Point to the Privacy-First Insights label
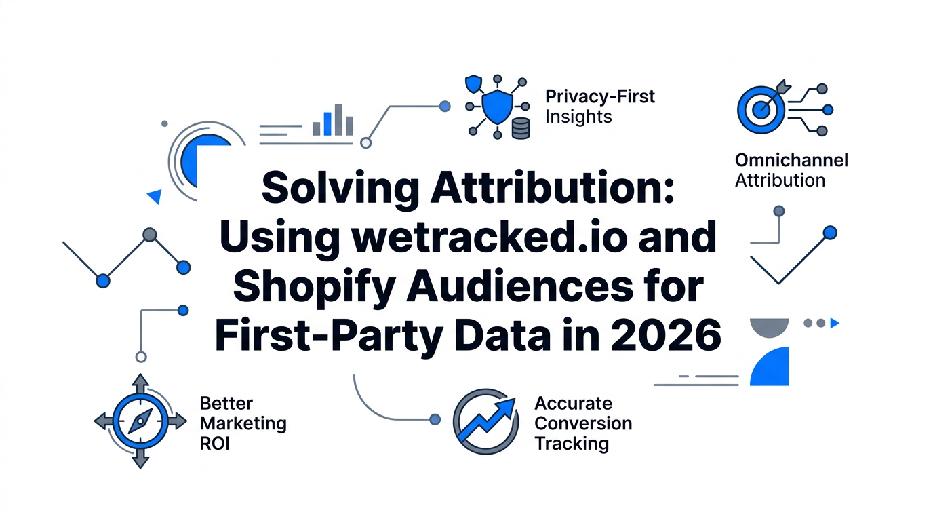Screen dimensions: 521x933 (x=599, y=107)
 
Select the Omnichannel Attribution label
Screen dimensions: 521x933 (x=791, y=170)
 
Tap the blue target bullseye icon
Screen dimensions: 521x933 (x=761, y=109)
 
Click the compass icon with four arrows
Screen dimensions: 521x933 (x=140, y=421)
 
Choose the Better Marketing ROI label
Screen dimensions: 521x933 (x=243, y=424)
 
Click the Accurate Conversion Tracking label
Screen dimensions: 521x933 (x=582, y=423)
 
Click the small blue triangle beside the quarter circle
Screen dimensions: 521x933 (x=155, y=197)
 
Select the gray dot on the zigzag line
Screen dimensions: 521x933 (x=150, y=235)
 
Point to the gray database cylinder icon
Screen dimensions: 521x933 (x=521, y=128)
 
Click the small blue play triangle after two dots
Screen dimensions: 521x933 (x=835, y=324)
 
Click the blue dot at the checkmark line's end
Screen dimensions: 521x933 (x=829, y=233)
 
